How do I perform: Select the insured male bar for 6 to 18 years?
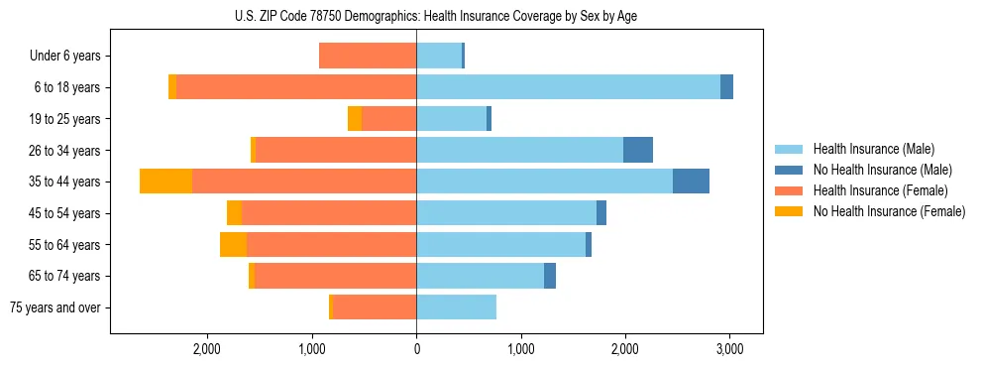point(568,87)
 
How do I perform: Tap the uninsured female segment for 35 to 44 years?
point(165,182)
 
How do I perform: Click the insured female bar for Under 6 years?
point(368,56)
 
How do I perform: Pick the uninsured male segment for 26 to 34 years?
point(638,150)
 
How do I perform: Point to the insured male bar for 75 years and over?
point(456,307)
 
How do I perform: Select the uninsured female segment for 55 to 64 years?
point(233,244)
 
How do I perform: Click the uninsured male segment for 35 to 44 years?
point(691,182)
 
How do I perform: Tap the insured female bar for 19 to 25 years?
point(388,119)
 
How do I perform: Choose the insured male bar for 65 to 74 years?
point(481,276)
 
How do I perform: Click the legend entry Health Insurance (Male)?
point(873,149)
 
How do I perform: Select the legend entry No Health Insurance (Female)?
point(889,211)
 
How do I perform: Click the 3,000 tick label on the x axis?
point(729,348)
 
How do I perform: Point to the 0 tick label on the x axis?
point(416,348)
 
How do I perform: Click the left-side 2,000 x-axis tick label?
point(207,348)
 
